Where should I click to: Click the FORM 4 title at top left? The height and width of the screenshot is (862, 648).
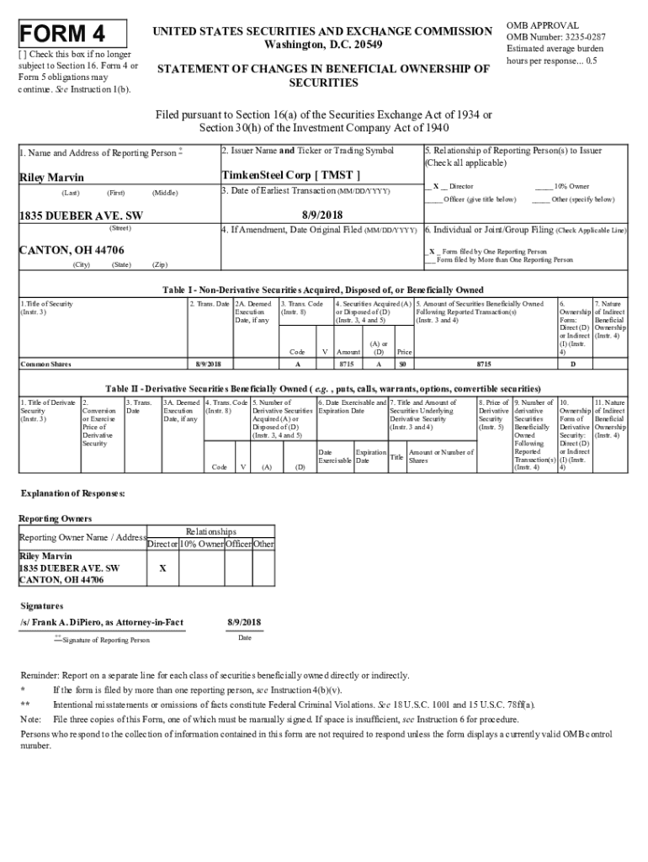point(63,35)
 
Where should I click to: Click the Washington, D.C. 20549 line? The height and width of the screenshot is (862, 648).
point(322,44)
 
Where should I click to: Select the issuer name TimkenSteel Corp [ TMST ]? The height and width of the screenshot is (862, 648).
point(290,175)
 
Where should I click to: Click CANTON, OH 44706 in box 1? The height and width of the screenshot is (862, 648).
point(72,250)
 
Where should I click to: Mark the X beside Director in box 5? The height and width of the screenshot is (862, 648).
point(435,186)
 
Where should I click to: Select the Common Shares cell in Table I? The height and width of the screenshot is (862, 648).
point(47,364)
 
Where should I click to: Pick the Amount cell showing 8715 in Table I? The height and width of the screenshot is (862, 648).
point(346,364)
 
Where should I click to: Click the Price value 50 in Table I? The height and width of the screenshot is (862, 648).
point(403,364)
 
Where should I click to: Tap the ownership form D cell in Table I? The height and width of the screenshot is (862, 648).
point(573,364)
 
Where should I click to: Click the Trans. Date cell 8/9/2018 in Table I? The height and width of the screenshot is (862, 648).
point(208,364)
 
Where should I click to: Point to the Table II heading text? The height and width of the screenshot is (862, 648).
point(322,389)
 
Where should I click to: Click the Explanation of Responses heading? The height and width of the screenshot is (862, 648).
point(72,493)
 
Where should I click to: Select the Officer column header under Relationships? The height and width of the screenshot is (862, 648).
point(239,544)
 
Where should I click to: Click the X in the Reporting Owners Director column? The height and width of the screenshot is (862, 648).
point(162,568)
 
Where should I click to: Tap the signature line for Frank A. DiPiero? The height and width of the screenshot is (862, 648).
point(101,622)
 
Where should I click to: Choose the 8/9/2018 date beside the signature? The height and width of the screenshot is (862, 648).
point(244,622)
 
